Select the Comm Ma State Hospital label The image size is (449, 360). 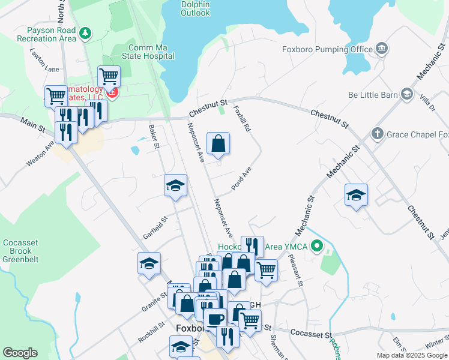(x=151, y=52)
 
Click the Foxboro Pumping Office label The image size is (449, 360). (x=327, y=49)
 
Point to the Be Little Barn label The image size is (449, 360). (x=373, y=95)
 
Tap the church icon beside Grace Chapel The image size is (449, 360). (x=378, y=133)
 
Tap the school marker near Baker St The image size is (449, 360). (x=176, y=185)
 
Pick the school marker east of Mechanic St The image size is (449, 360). (x=356, y=196)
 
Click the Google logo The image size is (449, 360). (x=20, y=353)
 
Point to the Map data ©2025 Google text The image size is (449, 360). (x=411, y=355)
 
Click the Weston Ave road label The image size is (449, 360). (x=40, y=154)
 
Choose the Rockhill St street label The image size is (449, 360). (x=151, y=331)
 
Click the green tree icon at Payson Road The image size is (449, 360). (x=86, y=32)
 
